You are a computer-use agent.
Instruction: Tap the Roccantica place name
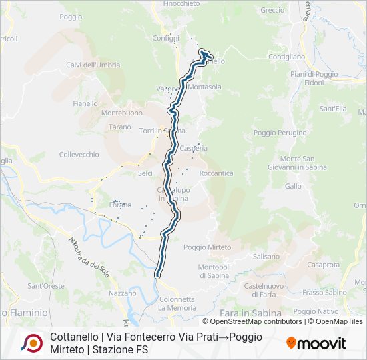click(x=216, y=173)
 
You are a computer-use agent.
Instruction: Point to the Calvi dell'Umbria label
click(x=93, y=65)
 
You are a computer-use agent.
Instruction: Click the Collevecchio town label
click(x=79, y=155)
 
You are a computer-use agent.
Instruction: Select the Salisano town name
click(x=266, y=256)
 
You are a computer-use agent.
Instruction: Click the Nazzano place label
click(x=122, y=293)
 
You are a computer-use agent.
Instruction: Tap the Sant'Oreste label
click(x=45, y=286)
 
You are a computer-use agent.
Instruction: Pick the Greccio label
click(x=272, y=10)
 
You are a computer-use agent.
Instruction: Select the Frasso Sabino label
click(x=324, y=292)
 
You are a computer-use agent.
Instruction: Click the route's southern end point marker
click(x=158, y=274)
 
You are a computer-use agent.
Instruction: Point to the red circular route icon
click(x=31, y=343)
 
